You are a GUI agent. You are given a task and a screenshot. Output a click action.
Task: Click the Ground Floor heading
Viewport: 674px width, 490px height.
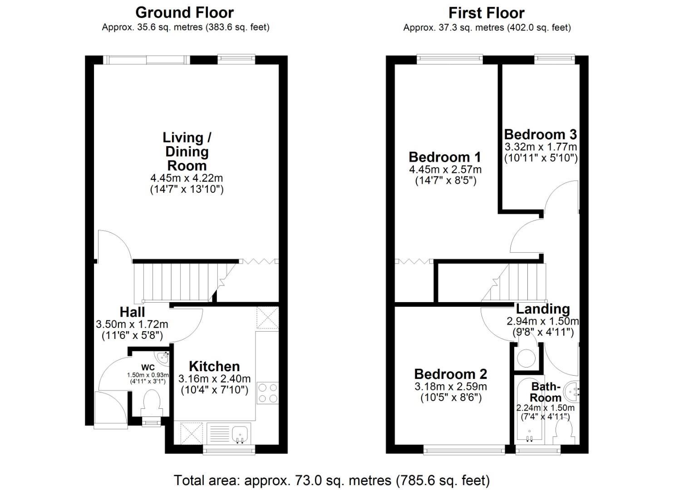pos(184,13)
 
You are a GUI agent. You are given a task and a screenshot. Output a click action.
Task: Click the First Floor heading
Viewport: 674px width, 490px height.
pos(487,13)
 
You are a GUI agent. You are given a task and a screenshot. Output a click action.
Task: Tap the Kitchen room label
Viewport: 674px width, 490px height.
pos(214,367)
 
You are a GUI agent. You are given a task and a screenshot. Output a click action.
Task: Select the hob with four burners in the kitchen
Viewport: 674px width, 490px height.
pos(267,393)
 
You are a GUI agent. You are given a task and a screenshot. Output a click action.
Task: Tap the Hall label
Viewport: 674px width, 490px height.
pos(133,312)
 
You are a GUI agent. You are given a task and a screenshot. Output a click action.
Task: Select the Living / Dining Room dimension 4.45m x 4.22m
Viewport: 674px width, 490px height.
pos(187,178)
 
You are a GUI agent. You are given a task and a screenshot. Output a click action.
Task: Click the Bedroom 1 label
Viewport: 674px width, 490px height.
pos(445,157)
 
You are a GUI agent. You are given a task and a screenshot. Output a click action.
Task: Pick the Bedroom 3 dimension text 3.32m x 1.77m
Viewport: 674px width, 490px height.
pos(541,147)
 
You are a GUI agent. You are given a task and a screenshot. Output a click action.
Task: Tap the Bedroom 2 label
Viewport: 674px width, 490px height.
pos(450,374)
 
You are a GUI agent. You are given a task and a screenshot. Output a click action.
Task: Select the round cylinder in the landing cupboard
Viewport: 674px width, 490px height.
pos(526,358)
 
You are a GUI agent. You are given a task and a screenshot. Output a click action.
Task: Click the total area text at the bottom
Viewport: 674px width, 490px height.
pos(332,480)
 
